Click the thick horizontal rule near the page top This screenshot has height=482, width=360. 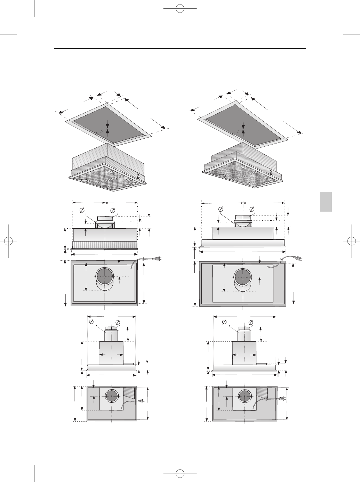point(180,48)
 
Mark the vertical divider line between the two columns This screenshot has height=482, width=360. point(180,243)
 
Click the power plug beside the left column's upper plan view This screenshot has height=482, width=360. point(157,259)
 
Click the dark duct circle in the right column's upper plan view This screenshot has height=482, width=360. point(243,277)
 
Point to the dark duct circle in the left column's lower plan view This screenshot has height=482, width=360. point(112,396)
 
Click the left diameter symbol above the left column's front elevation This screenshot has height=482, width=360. point(82,210)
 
